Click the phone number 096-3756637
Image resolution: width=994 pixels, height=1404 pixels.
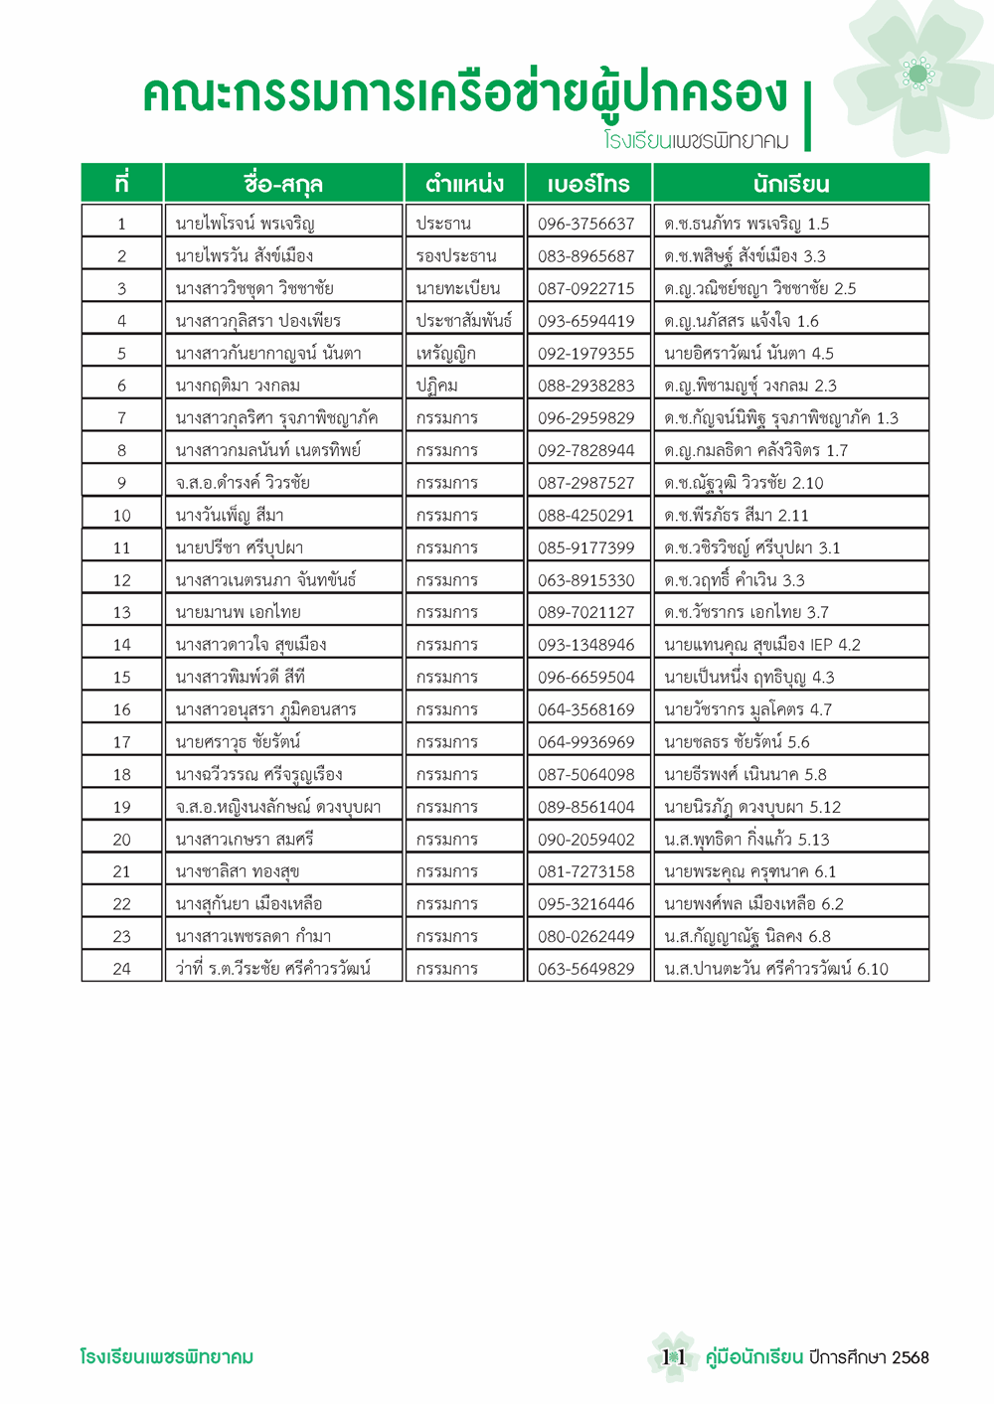(585, 224)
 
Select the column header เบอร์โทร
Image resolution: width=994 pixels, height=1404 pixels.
(587, 184)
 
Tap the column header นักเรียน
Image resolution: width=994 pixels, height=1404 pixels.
(790, 184)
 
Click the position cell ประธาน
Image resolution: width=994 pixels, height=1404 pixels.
(443, 224)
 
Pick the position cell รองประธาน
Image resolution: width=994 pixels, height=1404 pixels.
(455, 256)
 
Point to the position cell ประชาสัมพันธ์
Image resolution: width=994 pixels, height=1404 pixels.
(464, 321)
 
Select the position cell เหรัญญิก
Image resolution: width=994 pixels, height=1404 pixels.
(446, 354)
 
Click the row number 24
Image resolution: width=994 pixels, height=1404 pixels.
(121, 969)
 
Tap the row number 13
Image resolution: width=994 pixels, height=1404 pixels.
(121, 613)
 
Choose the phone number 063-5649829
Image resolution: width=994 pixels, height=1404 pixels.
(585, 969)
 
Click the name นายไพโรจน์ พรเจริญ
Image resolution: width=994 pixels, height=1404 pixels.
(245, 224)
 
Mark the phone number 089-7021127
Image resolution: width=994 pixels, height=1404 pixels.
(585, 613)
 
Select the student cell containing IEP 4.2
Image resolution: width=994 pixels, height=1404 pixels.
(762, 645)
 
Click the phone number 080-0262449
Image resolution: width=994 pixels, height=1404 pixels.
(585, 936)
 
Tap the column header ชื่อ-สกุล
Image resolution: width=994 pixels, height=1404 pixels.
(283, 184)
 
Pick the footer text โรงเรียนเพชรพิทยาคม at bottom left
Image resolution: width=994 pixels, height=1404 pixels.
(166, 1356)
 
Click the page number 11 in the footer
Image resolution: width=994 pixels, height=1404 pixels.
(673, 1356)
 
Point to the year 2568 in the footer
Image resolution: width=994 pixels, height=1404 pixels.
(910, 1357)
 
